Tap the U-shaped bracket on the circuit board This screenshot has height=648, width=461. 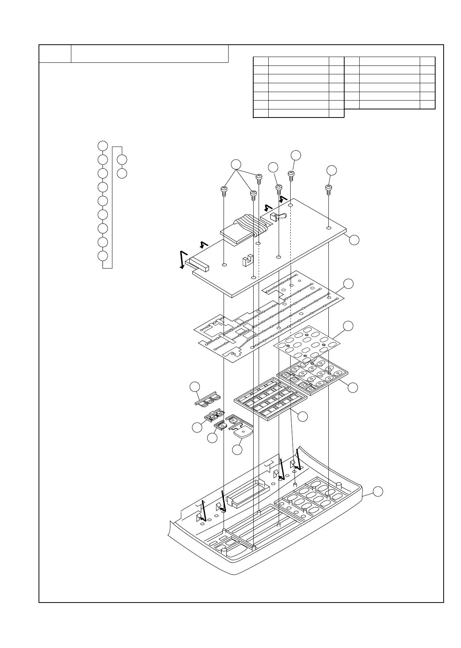[247, 260]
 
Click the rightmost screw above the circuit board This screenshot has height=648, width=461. [329, 190]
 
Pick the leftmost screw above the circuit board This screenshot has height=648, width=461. [224, 191]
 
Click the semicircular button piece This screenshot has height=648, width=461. [243, 432]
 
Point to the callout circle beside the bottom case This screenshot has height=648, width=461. [378, 491]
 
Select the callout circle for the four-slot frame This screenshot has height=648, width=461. [303, 416]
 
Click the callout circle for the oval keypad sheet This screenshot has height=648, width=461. [348, 326]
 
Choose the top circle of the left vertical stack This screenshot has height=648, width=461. [102, 146]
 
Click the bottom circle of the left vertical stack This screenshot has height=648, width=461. [102, 256]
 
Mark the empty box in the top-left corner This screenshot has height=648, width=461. [55, 53]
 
